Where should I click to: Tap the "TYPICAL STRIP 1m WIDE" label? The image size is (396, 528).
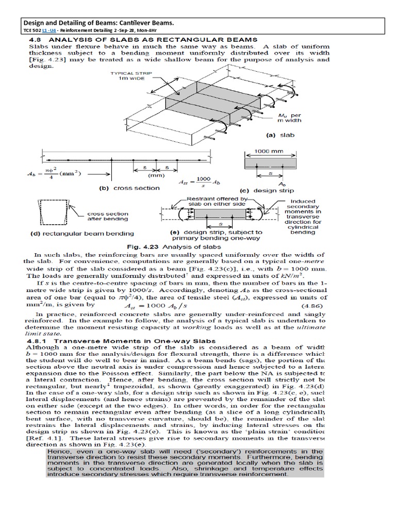tap(129, 76)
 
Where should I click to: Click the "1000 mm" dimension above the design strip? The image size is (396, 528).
tap(270, 152)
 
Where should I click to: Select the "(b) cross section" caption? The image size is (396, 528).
tap(129, 188)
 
